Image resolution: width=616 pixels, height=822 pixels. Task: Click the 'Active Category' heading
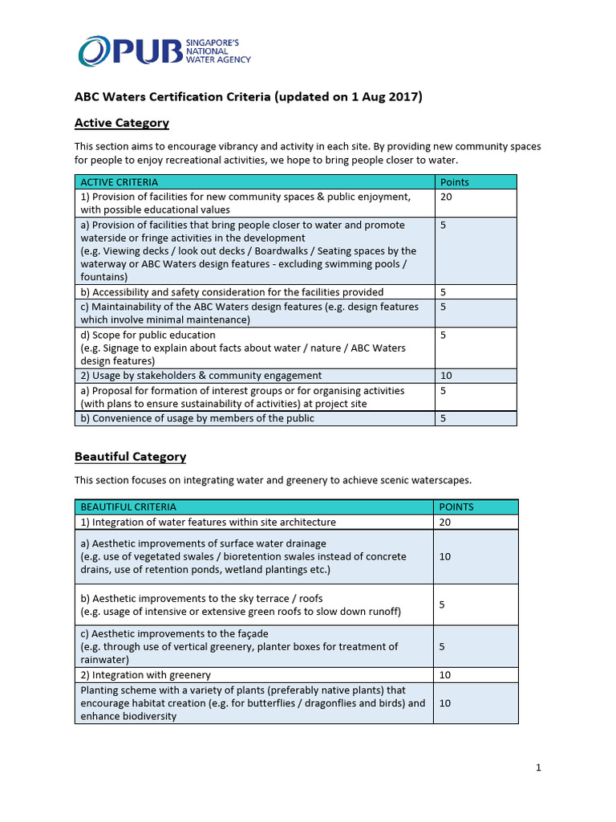(x=121, y=123)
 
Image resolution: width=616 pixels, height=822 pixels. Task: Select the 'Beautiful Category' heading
(x=130, y=457)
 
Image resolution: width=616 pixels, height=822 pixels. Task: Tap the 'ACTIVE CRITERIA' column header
(x=120, y=182)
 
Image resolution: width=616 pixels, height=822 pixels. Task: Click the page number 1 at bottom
(x=538, y=767)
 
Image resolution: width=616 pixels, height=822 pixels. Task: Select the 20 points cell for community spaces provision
(x=446, y=197)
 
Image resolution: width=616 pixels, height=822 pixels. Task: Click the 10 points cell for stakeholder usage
(x=446, y=376)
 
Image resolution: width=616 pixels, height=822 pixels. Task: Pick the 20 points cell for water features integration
(x=446, y=522)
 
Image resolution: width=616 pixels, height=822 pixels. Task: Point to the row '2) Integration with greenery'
(x=145, y=675)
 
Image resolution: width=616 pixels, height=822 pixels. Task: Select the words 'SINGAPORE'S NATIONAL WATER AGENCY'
(x=217, y=51)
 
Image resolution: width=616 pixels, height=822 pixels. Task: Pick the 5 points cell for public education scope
(x=443, y=335)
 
